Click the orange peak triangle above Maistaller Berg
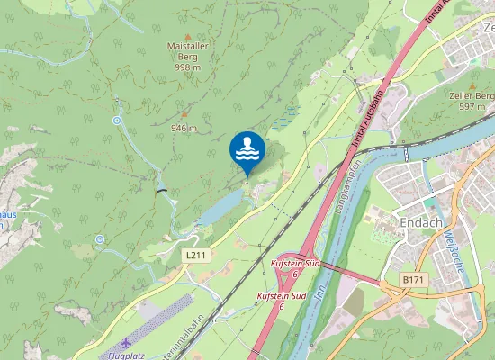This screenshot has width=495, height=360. tap(187, 36)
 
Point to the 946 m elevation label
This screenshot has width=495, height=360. tap(184, 128)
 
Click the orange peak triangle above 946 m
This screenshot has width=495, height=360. tap(185, 114)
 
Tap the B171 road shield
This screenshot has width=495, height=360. tap(413, 280)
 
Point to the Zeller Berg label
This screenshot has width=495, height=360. tap(473, 95)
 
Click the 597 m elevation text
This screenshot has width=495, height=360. tap(472, 106)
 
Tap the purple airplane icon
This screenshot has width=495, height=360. tap(124, 344)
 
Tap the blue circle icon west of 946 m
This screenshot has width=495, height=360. tap(117, 120)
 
